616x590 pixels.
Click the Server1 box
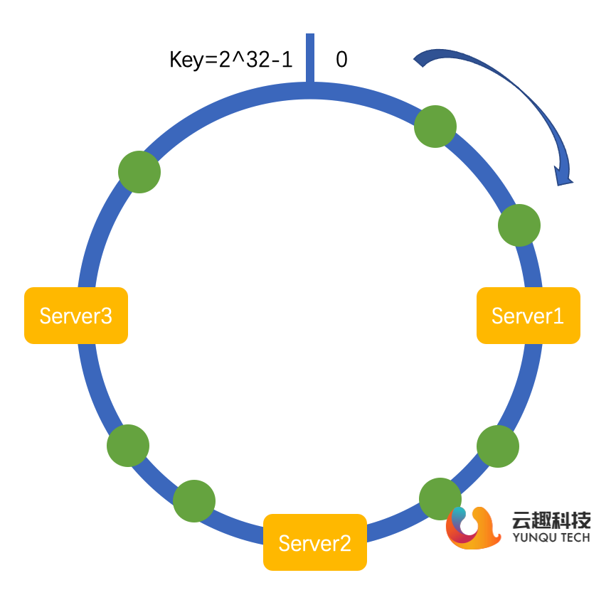529,316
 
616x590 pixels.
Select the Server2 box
315,542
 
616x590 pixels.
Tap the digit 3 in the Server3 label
106,315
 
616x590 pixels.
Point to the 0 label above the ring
341,60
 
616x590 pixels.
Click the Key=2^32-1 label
230,60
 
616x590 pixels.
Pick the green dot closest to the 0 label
435,127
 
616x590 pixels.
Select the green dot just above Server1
519,225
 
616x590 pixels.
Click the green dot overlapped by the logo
440,498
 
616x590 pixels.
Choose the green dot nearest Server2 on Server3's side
194,501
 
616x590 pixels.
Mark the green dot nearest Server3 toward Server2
128,446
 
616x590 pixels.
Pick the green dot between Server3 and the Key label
139,171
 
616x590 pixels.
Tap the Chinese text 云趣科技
551,521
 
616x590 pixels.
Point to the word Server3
75,315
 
